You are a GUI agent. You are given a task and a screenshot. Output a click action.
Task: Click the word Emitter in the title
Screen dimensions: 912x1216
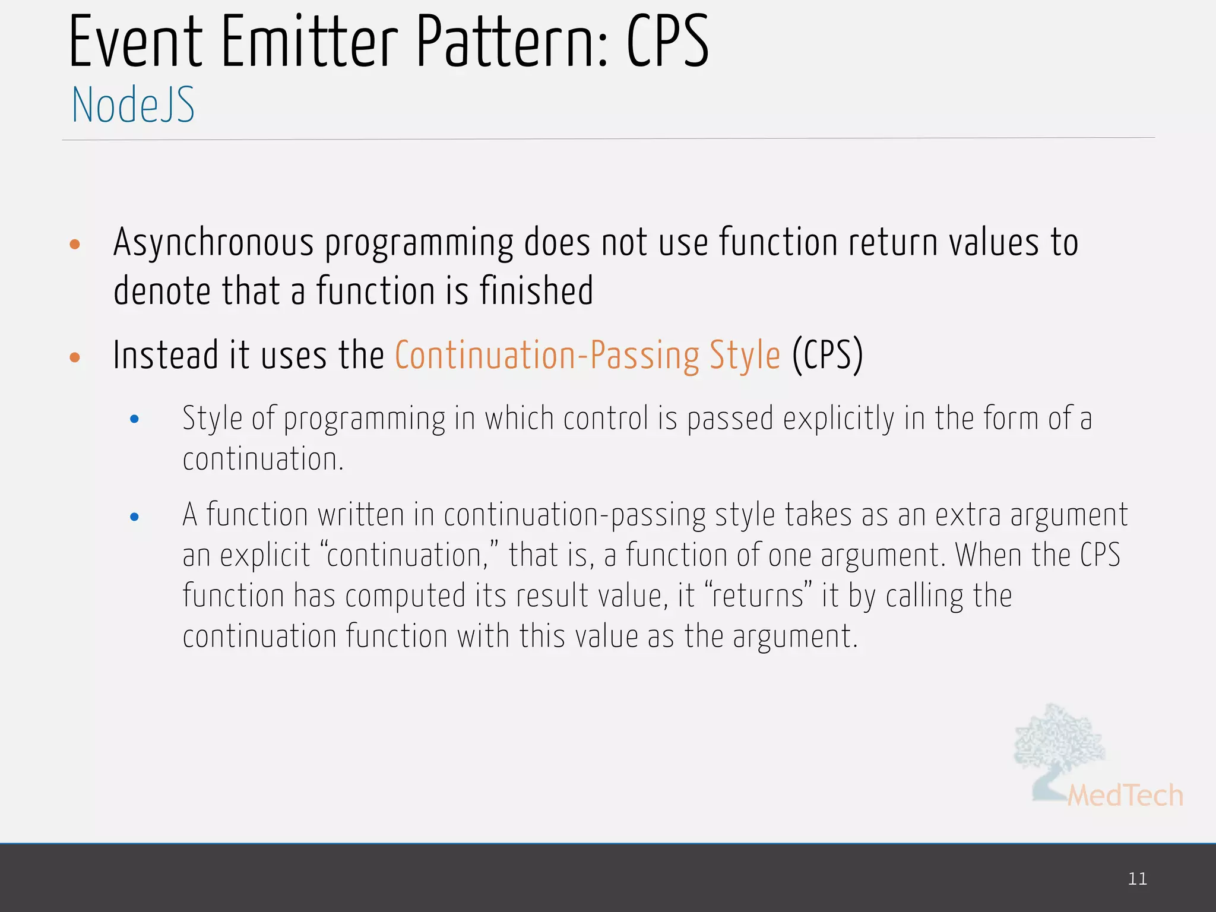click(x=309, y=43)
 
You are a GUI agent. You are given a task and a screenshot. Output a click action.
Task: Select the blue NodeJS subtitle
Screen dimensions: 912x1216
click(x=133, y=105)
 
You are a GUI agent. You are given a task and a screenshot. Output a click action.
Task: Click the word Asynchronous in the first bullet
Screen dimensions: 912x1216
click(x=213, y=244)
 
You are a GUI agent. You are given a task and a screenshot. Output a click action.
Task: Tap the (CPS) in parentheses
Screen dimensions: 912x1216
click(x=827, y=356)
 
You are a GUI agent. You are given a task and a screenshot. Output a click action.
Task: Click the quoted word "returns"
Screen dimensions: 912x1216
click(x=758, y=596)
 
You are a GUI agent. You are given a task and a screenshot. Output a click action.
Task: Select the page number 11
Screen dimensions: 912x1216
click(x=1137, y=879)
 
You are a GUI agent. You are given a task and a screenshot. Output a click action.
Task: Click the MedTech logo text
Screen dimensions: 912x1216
click(x=1125, y=796)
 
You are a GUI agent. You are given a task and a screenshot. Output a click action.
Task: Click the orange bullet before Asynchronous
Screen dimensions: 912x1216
click(x=75, y=244)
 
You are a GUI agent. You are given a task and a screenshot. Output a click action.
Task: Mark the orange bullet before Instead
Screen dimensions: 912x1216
click(x=75, y=357)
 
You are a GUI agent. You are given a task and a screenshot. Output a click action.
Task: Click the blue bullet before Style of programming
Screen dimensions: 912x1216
click(x=134, y=419)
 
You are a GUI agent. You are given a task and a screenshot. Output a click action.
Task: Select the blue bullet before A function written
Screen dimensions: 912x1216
click(x=134, y=517)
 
